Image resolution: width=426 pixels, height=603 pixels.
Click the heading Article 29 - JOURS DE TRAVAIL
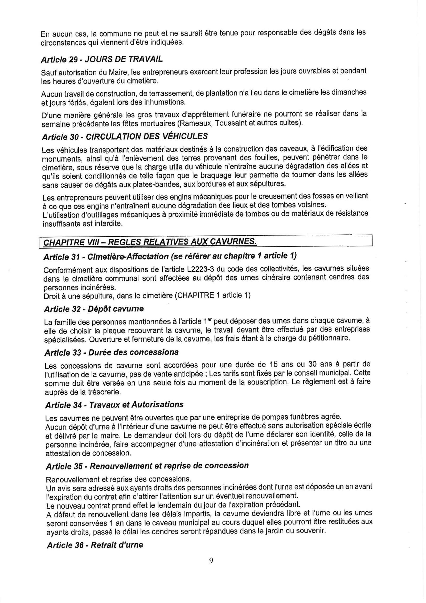(x=102, y=59)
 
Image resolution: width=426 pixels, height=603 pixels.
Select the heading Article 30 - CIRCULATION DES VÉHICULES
(x=125, y=136)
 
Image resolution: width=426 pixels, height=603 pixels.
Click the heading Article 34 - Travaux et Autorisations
(x=114, y=405)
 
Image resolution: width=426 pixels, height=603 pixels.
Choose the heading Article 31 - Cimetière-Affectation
(x=170, y=256)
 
